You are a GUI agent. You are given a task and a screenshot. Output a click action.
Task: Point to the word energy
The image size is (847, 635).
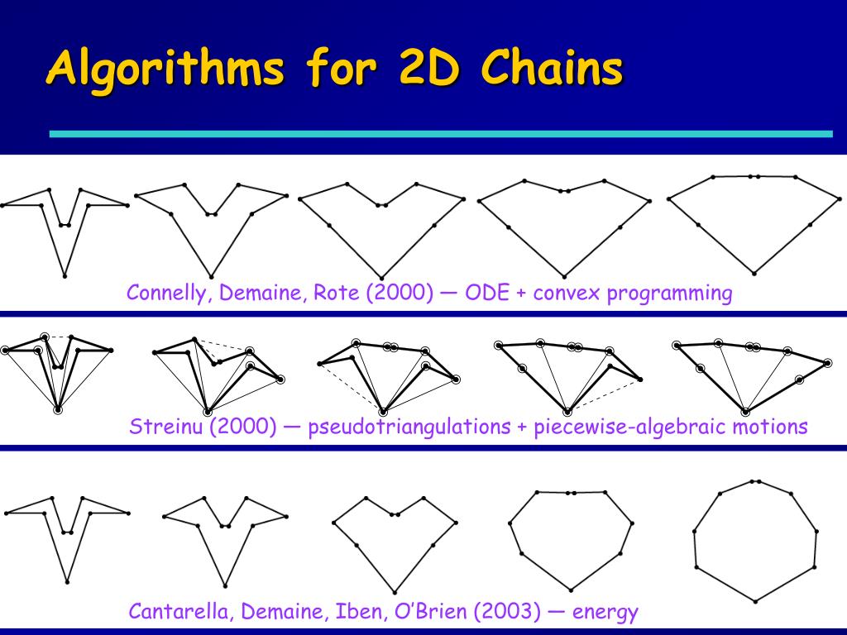(605, 613)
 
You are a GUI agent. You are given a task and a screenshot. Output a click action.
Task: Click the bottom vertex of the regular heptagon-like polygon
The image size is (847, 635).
(755, 601)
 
